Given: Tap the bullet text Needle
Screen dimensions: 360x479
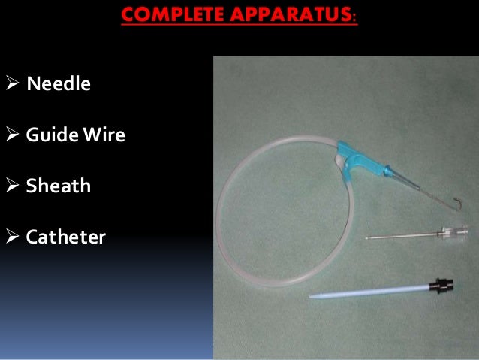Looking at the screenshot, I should (59, 83).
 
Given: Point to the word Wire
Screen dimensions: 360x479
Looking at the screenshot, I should (104, 135).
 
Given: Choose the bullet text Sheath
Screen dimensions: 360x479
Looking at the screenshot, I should (59, 186).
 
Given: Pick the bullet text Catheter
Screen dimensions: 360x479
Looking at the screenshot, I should (66, 237).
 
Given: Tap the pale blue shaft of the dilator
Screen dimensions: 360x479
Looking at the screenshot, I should (368, 292).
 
